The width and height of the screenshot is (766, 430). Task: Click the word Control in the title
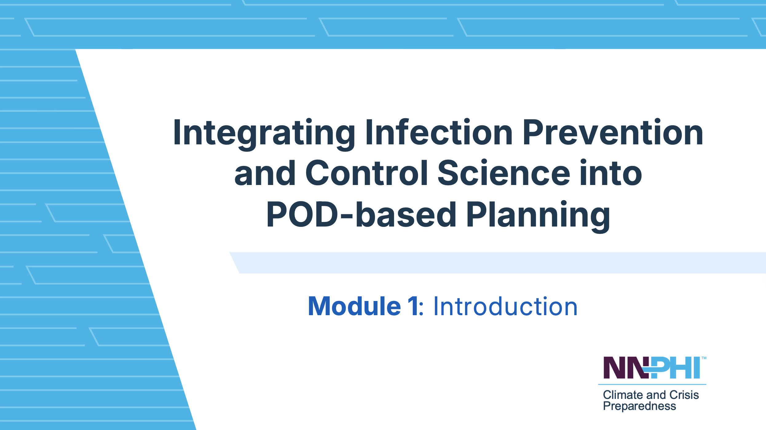367,173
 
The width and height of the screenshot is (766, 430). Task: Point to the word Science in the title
504,173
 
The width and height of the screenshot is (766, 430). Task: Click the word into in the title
611,173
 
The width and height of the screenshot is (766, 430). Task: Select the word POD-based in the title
361,214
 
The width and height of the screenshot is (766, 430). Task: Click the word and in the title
265,173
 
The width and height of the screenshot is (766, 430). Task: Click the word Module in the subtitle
354,306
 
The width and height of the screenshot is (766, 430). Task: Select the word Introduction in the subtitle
505,306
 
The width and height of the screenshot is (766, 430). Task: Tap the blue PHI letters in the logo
675,368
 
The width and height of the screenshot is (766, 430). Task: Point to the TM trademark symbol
704,358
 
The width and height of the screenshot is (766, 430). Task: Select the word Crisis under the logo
684,395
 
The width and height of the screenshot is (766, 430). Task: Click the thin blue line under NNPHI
652,384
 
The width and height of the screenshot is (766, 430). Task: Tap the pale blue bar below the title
498,263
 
